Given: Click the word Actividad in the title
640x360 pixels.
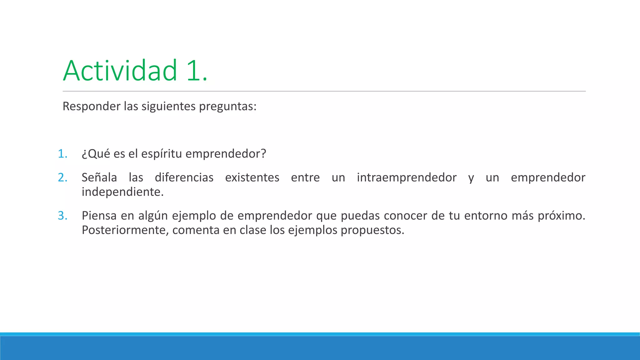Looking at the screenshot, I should (120, 71).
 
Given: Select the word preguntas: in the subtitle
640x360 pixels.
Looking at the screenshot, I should (227, 107).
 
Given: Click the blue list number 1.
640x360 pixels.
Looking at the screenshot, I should (62, 154).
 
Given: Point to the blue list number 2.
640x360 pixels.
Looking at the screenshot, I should (62, 177).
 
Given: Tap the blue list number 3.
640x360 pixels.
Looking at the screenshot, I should (62, 216).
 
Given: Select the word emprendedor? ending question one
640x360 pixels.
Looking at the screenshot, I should (226, 154).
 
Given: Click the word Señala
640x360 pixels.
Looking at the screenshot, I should (99, 177).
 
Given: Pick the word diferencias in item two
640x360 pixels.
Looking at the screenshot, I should (184, 177).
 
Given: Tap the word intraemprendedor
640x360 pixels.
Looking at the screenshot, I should (407, 177).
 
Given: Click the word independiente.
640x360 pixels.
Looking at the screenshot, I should (122, 192).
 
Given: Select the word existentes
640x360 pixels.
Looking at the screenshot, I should (252, 177).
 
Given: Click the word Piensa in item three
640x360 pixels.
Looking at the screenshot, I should (99, 216).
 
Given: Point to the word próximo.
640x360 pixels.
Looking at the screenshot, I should (561, 216).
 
